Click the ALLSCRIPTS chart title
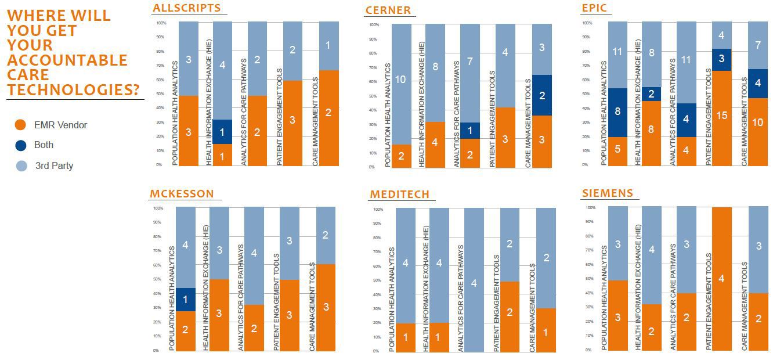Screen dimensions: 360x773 (x=186, y=8)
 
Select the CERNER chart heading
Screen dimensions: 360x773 (x=388, y=10)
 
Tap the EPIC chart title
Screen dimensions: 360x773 (x=594, y=8)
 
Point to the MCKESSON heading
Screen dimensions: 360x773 (x=182, y=194)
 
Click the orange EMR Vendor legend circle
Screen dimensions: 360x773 (x=21, y=125)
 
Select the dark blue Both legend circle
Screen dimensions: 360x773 (x=21, y=145)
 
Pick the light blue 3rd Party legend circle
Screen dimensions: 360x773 (x=21, y=166)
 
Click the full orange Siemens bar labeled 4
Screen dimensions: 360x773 (x=721, y=279)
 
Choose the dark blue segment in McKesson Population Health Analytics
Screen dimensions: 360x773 (x=186, y=300)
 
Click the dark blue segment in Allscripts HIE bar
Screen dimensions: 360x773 (x=223, y=132)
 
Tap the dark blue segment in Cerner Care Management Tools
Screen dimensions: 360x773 (x=542, y=95)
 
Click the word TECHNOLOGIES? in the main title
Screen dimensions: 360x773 (x=74, y=90)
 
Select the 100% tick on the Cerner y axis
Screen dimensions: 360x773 (x=374, y=25)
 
